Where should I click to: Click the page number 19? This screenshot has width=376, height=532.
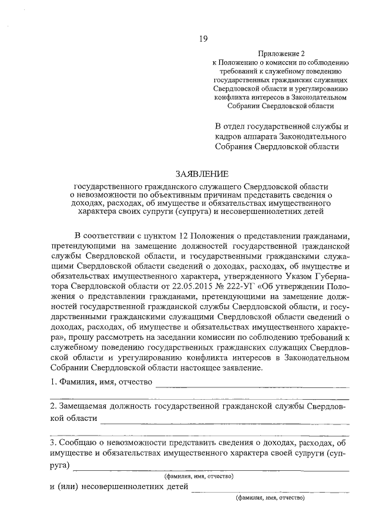203,39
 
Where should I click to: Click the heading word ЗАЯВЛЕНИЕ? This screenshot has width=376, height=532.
201,173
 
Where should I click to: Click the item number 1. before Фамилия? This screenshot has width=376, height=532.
53,382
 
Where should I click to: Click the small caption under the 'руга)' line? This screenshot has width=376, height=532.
199,476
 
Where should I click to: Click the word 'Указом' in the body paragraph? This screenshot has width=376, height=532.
288,276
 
